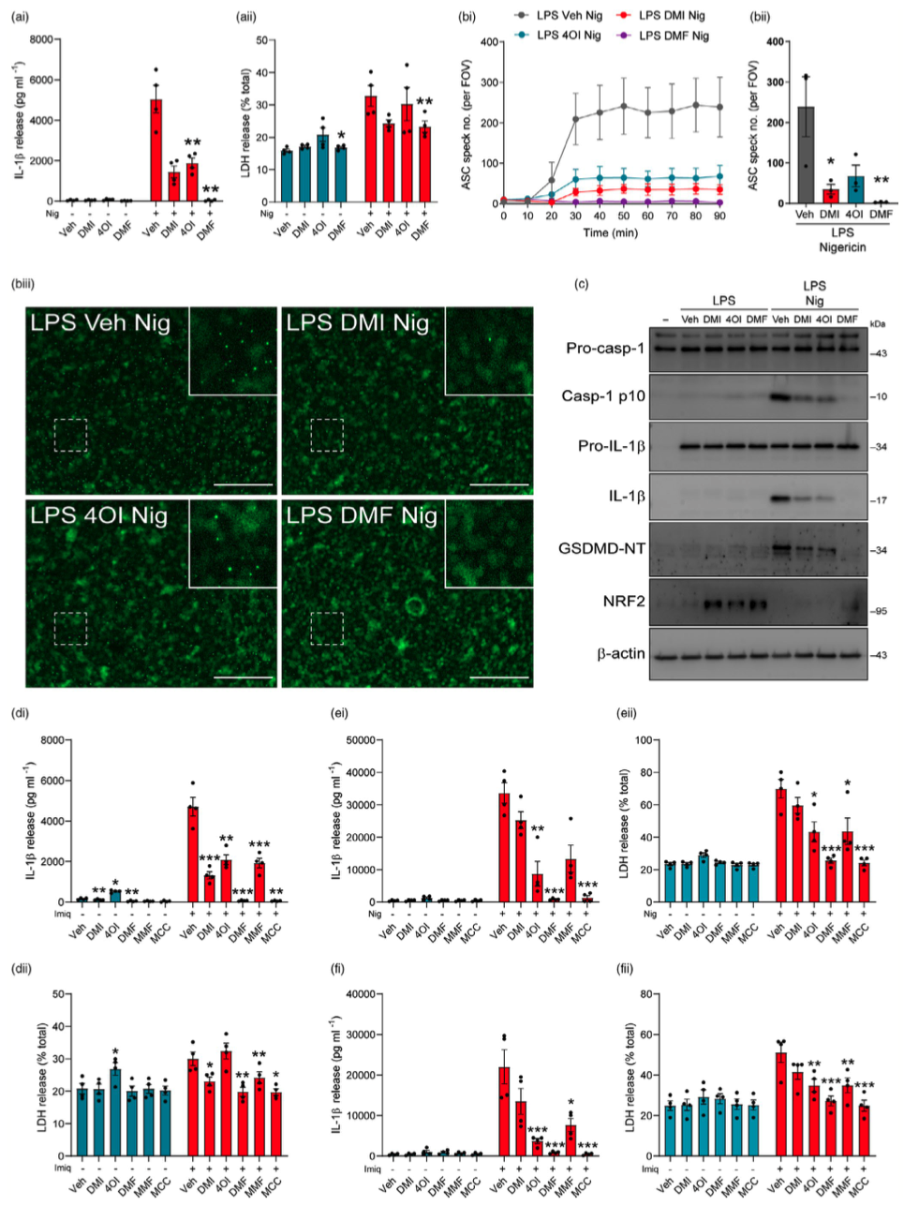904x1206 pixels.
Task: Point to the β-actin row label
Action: tap(621, 653)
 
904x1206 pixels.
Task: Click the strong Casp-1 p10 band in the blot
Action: tap(780, 397)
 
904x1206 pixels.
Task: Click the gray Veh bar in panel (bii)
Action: tap(805, 155)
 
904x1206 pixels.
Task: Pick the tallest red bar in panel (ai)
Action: tap(156, 150)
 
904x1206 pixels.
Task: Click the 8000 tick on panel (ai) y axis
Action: tap(40, 39)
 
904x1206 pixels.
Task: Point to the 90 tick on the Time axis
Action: tap(719, 216)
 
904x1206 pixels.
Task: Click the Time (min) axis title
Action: tap(611, 231)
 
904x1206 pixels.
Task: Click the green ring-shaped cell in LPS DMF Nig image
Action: tap(414, 608)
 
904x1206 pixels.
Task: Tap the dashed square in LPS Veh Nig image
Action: tap(71, 436)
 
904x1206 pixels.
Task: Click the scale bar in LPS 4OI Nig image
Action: tap(243, 675)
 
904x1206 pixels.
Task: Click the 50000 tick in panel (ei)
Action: tap(354, 740)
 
